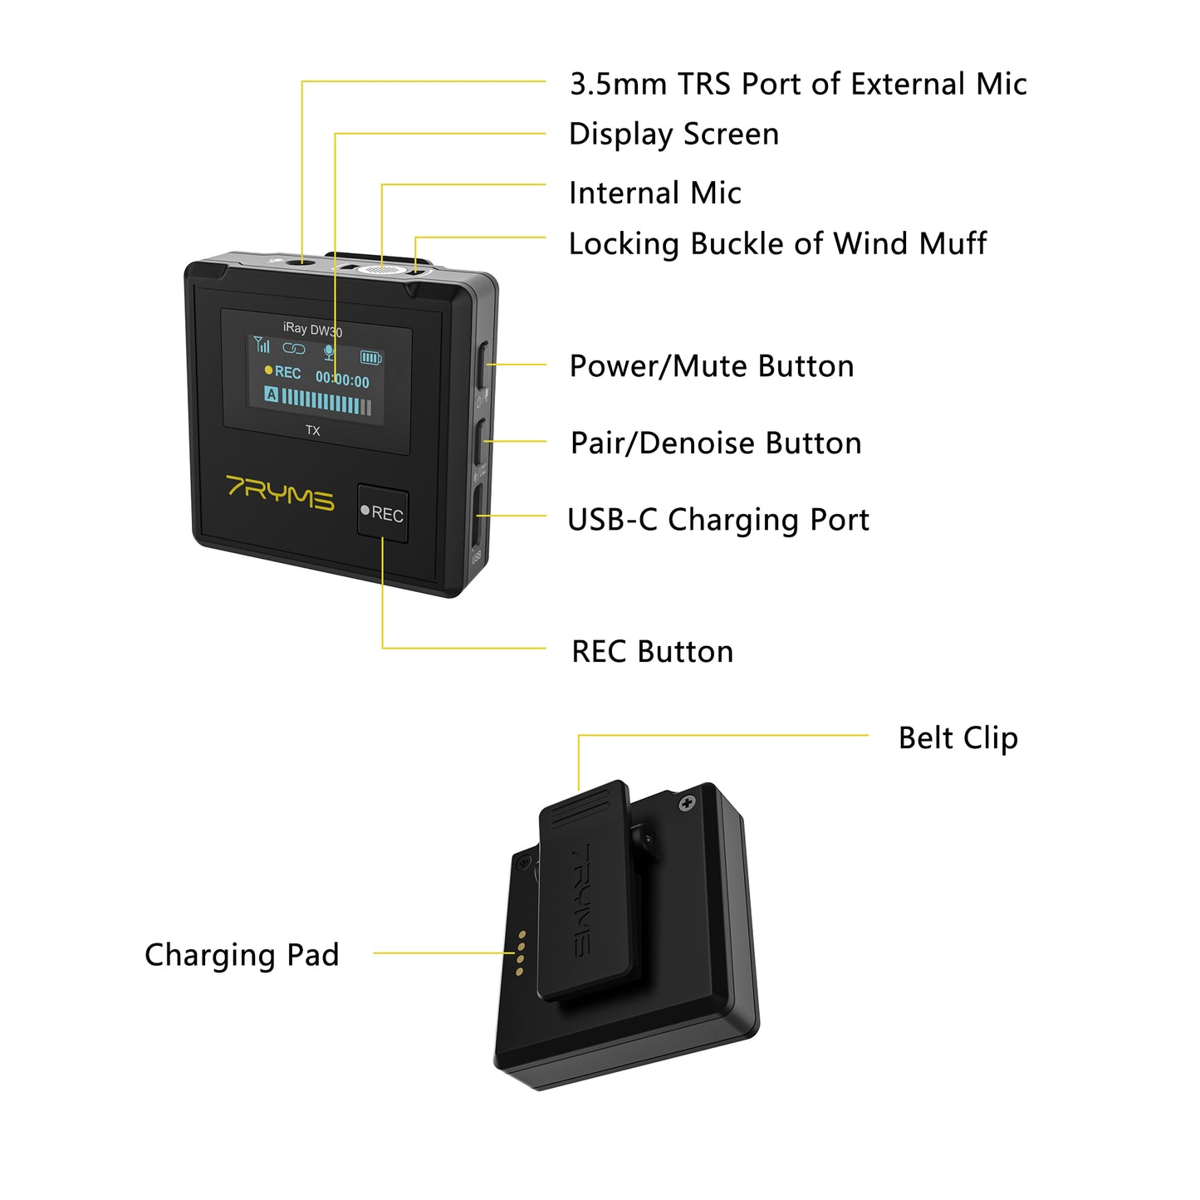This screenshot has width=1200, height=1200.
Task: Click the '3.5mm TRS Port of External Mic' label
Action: (x=797, y=84)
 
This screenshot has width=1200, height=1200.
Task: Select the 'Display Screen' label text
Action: (x=673, y=135)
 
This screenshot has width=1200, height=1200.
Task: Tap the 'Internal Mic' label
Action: (x=654, y=193)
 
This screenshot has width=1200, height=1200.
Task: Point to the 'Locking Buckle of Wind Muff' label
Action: (x=777, y=244)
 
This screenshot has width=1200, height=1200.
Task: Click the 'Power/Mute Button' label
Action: (x=712, y=366)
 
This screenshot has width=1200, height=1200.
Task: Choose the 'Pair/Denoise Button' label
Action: (x=716, y=443)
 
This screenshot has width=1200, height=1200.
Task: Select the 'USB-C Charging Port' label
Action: (x=718, y=520)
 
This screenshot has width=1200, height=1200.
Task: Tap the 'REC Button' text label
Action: (x=653, y=652)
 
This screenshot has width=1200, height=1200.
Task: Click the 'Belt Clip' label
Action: (x=958, y=737)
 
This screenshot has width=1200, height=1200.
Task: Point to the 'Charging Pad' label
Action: (x=242, y=955)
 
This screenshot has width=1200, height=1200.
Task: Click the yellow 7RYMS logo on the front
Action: (x=281, y=492)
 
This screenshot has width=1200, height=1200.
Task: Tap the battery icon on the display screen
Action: (x=370, y=358)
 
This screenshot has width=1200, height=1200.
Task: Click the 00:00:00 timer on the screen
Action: (x=342, y=380)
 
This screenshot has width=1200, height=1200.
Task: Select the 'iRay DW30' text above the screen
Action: (x=312, y=329)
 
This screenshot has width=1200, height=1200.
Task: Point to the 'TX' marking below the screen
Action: (x=312, y=430)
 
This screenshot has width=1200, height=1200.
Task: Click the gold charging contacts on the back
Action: (x=521, y=953)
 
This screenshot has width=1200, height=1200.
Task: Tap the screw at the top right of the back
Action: (x=687, y=804)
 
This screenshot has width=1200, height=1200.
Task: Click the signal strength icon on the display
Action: (x=262, y=345)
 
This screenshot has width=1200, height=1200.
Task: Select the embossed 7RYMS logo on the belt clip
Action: (x=583, y=899)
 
